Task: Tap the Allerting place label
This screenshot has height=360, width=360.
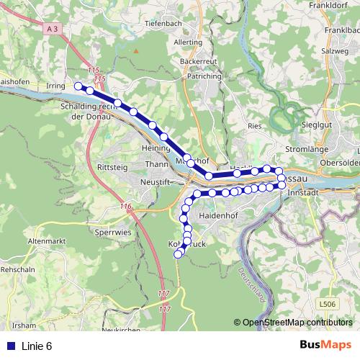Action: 189,42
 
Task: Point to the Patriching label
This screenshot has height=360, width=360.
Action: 202,75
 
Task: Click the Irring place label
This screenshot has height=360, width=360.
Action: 55,86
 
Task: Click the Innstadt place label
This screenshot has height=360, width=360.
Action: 302,194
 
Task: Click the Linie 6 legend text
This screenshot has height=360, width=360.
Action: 37,346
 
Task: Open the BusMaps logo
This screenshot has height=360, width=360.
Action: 325,345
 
